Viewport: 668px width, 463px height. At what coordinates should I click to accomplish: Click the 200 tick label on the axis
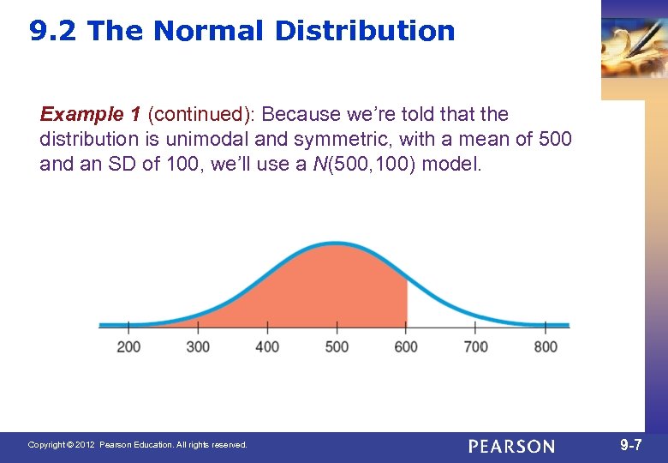128,346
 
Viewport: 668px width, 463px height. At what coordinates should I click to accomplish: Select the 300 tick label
198,346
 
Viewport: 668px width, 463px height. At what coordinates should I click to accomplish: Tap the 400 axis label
267,346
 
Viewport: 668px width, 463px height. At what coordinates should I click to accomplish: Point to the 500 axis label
337,346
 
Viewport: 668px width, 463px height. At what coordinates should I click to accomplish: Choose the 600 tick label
406,346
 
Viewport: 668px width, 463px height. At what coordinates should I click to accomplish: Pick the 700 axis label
475,346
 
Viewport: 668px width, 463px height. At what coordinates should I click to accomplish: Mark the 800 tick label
545,346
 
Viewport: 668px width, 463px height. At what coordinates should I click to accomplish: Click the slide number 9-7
631,445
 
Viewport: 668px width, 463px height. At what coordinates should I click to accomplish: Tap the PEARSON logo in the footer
511,446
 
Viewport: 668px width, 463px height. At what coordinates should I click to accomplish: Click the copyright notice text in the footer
137,445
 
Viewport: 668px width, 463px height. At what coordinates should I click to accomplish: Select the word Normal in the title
210,32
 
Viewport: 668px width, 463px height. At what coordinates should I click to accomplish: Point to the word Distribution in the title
365,32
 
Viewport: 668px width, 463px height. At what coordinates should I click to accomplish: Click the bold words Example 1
91,114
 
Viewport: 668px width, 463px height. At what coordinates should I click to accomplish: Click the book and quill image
634,47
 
